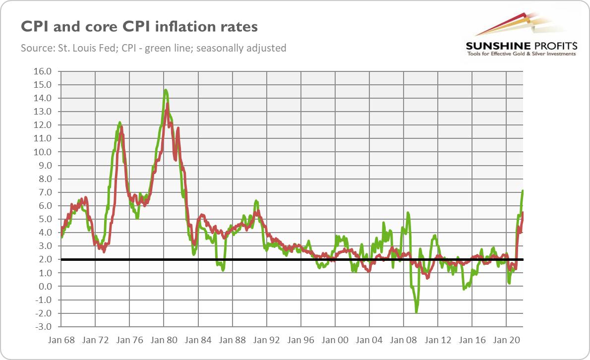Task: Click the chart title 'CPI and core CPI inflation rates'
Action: (x=139, y=26)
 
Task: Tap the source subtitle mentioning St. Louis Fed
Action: (x=154, y=48)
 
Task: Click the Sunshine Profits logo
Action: (x=521, y=35)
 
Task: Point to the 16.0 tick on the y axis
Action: (x=42, y=71)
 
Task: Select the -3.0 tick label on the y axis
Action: (x=42, y=326)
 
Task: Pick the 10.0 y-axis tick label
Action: (x=42, y=152)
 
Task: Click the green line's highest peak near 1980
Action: (x=165, y=90)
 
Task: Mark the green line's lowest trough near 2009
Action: (x=416, y=312)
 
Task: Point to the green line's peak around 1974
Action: (x=119, y=122)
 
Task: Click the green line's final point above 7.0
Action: (x=523, y=191)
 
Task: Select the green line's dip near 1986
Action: (x=223, y=270)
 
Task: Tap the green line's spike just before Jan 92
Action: (x=256, y=201)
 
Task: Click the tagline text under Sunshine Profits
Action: (x=521, y=54)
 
